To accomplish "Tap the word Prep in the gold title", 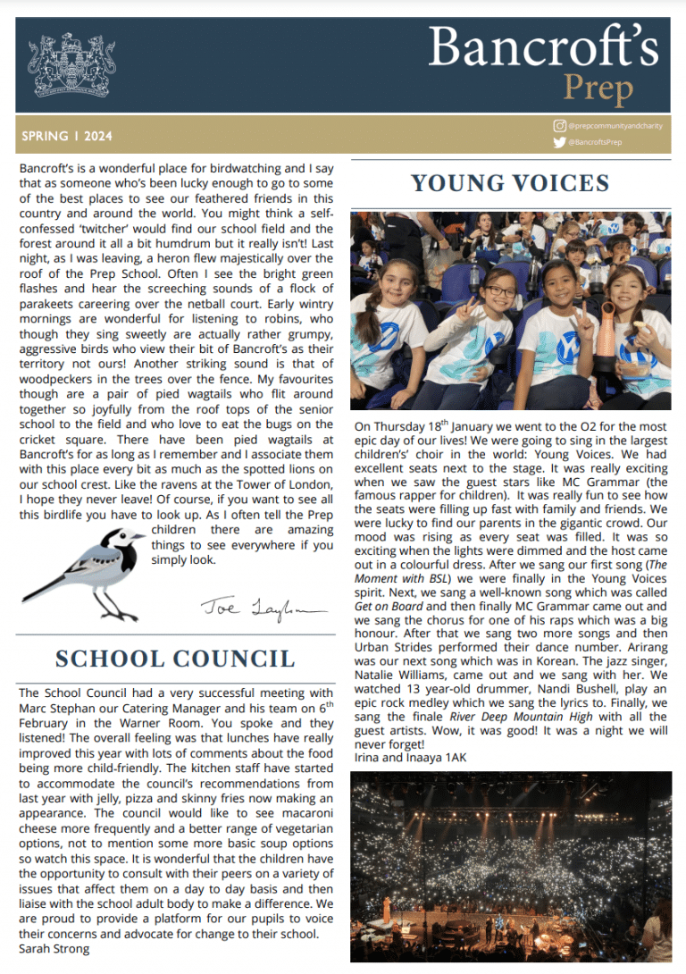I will (x=598, y=88).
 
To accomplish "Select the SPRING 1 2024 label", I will (x=68, y=137).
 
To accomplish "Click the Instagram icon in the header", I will (x=560, y=126).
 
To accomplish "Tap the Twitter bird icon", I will (x=560, y=142).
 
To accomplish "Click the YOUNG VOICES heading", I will (x=510, y=184).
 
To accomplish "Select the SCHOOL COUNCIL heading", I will (x=175, y=659).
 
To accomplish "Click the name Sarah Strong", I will (x=54, y=949).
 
